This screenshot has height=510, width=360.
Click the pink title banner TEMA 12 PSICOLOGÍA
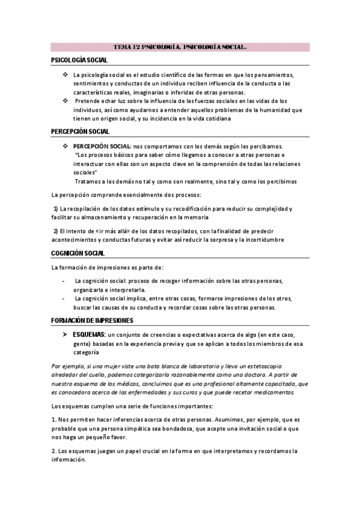pos(180,46)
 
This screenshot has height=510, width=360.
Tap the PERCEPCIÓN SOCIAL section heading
pos(81,131)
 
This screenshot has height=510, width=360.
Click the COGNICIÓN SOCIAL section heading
pos(78,253)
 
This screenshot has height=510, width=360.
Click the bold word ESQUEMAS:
pos(89,334)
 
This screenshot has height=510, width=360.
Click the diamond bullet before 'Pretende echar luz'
pos(66,101)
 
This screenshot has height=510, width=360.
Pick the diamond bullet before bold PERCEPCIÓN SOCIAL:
pos(66,146)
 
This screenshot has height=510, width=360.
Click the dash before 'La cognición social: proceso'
pos(64,281)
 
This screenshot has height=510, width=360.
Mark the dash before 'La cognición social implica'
pos(64,298)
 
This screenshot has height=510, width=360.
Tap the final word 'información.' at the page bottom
pos(69,459)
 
